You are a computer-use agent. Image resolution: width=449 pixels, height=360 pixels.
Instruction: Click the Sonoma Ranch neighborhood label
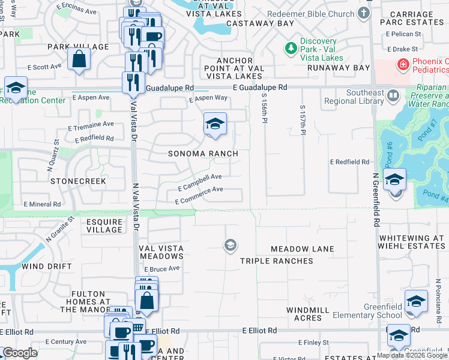click(203, 154)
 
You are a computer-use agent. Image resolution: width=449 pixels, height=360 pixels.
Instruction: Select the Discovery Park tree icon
click(291, 47)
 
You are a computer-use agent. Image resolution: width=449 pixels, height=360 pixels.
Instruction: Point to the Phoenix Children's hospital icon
click(401, 63)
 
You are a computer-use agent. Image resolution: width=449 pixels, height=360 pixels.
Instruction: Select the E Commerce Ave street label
click(199, 196)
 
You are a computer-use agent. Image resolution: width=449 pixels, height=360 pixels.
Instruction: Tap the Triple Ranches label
click(277, 261)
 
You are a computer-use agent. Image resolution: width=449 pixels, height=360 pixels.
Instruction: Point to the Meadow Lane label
click(302, 248)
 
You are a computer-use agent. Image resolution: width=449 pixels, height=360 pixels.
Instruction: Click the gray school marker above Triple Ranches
click(229, 245)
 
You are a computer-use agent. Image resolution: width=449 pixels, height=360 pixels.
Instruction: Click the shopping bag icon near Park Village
click(79, 59)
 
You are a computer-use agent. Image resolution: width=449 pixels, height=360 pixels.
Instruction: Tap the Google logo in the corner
click(20, 353)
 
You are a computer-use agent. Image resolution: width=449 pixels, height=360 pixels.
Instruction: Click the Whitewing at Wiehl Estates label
click(411, 242)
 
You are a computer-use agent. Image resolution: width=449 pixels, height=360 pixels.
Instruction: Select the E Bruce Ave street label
click(162, 269)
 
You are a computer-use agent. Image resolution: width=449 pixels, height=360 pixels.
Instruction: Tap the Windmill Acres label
click(308, 313)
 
